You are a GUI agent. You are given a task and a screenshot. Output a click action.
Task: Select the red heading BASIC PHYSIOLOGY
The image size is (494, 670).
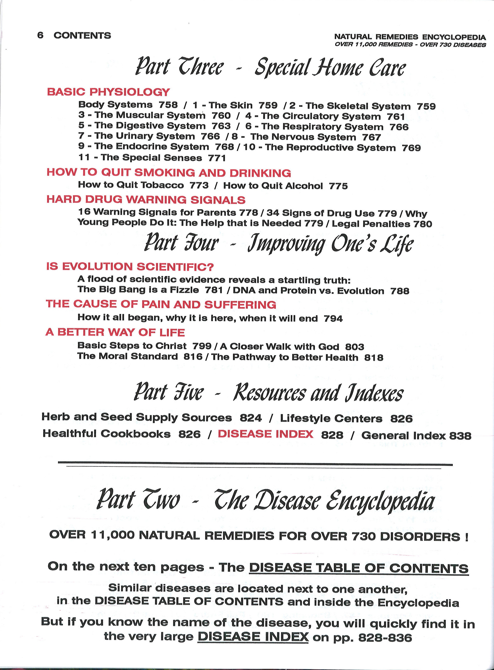(108, 92)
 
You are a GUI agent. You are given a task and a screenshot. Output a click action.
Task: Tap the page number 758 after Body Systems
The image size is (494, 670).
(168, 105)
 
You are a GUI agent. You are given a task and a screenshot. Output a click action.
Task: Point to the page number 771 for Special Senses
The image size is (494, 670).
(217, 158)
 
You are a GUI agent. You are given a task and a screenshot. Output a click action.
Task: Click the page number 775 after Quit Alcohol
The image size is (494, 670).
(338, 186)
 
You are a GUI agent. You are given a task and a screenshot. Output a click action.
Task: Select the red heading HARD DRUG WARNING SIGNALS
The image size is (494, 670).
(146, 200)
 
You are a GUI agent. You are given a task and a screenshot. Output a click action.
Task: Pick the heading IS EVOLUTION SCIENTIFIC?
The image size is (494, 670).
(130, 266)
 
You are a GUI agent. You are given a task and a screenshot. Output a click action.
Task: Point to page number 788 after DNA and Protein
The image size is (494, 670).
(400, 291)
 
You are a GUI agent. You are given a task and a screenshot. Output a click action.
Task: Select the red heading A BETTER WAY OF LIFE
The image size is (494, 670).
(115, 332)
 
